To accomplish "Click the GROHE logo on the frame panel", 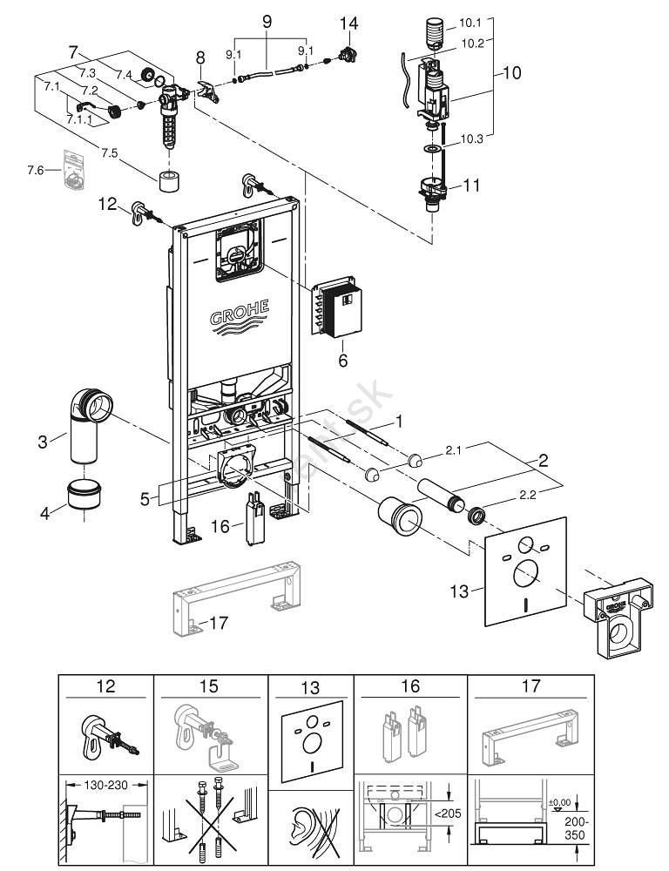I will pyautogui.click(x=239, y=313).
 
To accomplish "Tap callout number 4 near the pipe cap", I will pyautogui.click(x=45, y=513).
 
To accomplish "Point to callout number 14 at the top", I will pyautogui.click(x=348, y=24).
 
